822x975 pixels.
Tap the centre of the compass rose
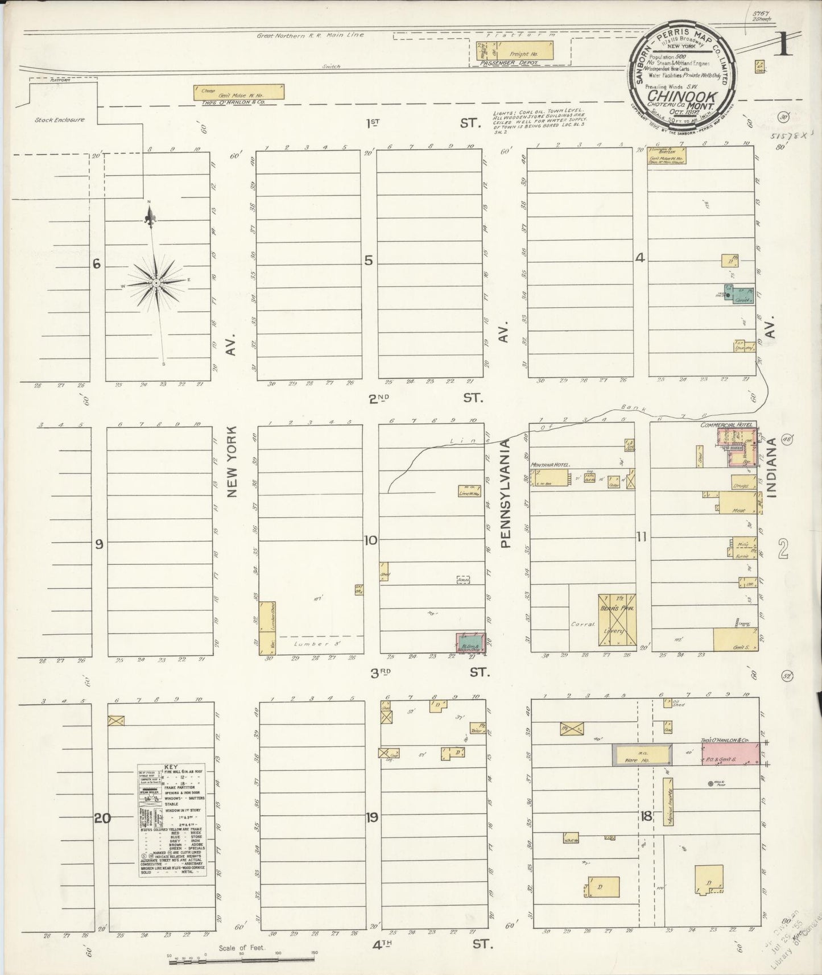pyautogui.click(x=155, y=283)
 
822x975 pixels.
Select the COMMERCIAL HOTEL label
pyautogui.click(x=726, y=425)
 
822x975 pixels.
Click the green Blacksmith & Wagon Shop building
pyautogui.click(x=472, y=642)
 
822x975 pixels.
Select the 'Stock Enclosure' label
pyautogui.click(x=59, y=120)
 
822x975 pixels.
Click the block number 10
pyautogui.click(x=371, y=540)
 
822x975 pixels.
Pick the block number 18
pyautogui.click(x=646, y=817)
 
